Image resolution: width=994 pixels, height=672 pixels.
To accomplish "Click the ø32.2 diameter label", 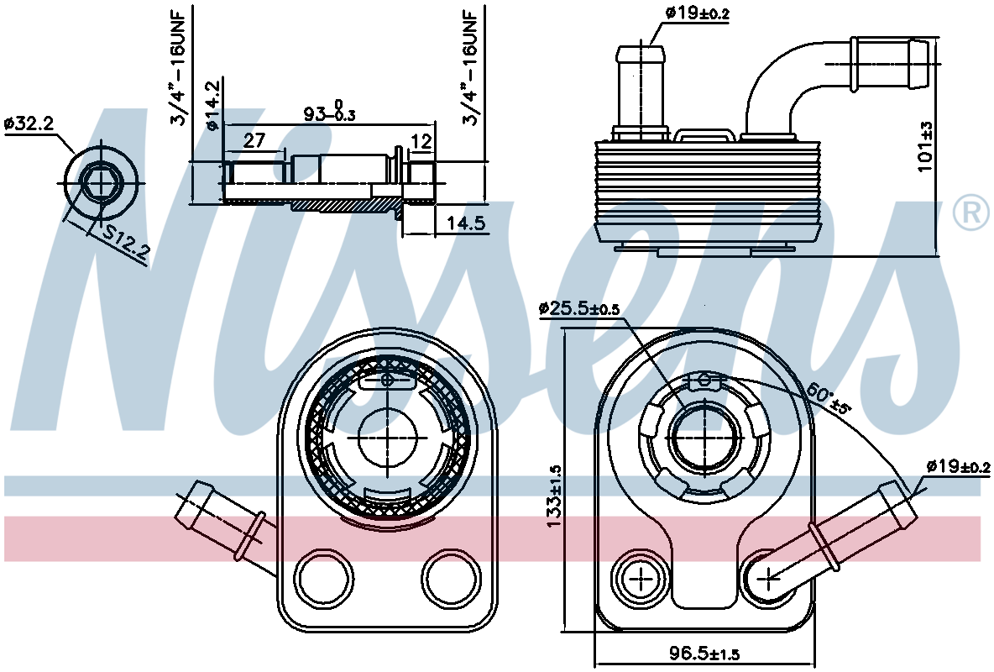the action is pos(29,123).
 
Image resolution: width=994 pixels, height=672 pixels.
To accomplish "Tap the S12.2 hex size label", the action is pos(127,244).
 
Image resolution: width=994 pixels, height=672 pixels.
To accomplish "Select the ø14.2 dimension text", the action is pos(213,105).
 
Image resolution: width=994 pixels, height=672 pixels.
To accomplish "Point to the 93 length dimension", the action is pos(329,112).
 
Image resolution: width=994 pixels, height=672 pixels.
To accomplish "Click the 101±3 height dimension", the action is pos(926,146).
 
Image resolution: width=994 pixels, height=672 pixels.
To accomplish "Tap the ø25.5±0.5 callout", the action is pos(578,309).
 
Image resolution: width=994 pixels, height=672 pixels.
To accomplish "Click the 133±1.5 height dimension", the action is pos(553,496).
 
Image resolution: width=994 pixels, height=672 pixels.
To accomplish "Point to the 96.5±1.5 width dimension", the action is pos(704,653).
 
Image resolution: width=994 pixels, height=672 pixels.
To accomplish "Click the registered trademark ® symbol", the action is pos(970,213).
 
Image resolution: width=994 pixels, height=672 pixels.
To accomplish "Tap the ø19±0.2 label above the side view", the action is pos(698,13).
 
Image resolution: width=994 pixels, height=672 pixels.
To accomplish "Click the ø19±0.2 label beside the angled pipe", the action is pos(958,467).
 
